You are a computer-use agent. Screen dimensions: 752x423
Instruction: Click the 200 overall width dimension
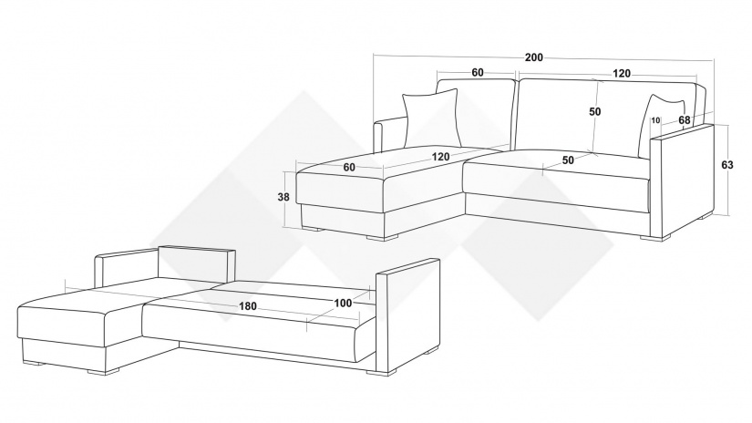[x=534, y=57]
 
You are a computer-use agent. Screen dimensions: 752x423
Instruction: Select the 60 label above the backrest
[x=478, y=72]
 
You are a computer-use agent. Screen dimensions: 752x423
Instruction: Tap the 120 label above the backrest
[x=622, y=73]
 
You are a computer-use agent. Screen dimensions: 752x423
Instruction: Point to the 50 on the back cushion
[x=594, y=111]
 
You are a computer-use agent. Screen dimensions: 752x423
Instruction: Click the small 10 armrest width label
[x=655, y=120]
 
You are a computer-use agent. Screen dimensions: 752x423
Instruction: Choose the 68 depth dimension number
[x=685, y=120]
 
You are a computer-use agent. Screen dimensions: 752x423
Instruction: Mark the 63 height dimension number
[x=727, y=165]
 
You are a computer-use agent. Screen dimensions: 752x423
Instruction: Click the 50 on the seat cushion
[x=568, y=160]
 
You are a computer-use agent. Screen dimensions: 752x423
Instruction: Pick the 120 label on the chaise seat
[x=440, y=157]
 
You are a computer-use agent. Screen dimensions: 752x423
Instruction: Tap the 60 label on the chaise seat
[x=349, y=167]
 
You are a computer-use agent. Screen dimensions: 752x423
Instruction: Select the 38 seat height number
[x=283, y=197]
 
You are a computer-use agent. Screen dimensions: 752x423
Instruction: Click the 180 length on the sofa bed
[x=247, y=306]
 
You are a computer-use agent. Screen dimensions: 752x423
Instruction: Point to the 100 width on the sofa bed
[x=343, y=303]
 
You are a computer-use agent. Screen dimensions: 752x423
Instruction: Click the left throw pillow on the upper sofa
[x=430, y=118]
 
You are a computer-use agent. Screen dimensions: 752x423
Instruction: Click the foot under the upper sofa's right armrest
[x=656, y=238]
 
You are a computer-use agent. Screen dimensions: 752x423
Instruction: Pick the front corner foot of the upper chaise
[x=383, y=237]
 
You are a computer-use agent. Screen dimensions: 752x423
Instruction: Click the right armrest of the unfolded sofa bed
[x=407, y=316]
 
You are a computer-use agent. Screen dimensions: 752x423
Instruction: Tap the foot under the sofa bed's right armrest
[x=382, y=372]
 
